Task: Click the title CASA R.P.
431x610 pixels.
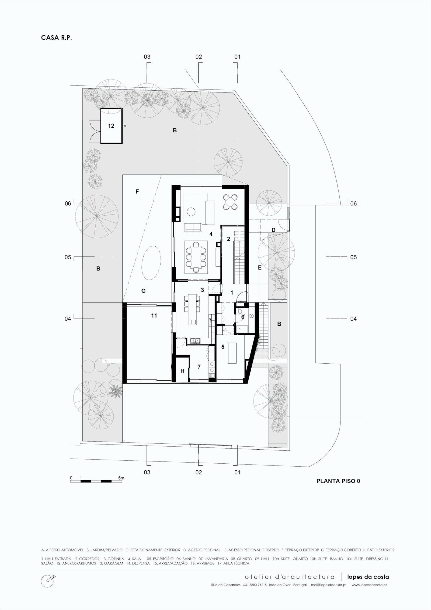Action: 56,38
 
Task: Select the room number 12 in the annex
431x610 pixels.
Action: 111,126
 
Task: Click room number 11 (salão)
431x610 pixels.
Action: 154,315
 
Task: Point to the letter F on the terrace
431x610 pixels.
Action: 137,192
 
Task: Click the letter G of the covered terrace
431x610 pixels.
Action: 144,291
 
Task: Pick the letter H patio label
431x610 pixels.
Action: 182,371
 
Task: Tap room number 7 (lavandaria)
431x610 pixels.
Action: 199,367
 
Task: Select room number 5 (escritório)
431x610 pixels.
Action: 223,347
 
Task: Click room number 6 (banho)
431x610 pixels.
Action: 243,317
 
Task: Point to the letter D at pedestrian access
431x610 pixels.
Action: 273,230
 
